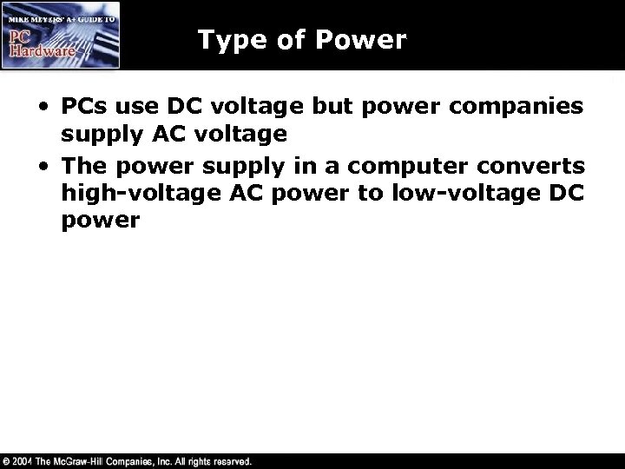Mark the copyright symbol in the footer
point(8,460)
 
